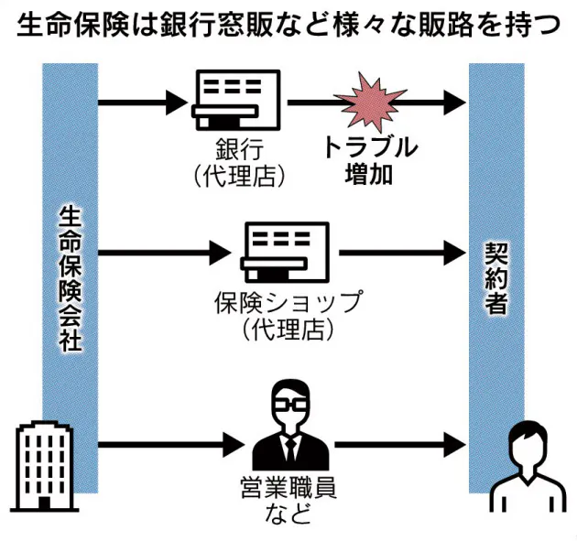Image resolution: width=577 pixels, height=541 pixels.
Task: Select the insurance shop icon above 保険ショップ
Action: (285, 250)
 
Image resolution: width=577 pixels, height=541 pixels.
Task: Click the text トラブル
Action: (370, 147)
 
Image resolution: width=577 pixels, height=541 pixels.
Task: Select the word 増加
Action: (370, 174)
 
